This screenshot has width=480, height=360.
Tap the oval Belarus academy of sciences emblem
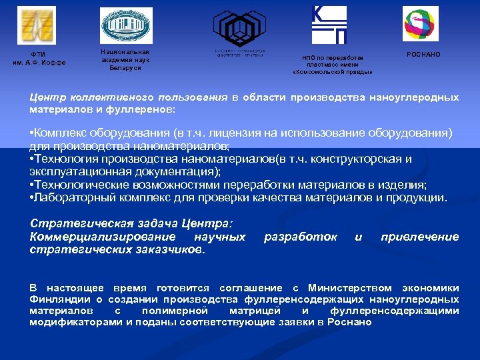coord(127,25)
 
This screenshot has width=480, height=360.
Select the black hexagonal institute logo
coord(239,27)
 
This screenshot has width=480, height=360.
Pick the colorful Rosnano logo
coord(421,24)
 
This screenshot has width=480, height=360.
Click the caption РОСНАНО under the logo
coord(423,54)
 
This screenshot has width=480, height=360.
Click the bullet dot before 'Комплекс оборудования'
coord(32,133)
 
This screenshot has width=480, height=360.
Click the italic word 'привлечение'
coord(419,237)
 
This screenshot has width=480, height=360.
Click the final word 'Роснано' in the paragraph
coord(353,322)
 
